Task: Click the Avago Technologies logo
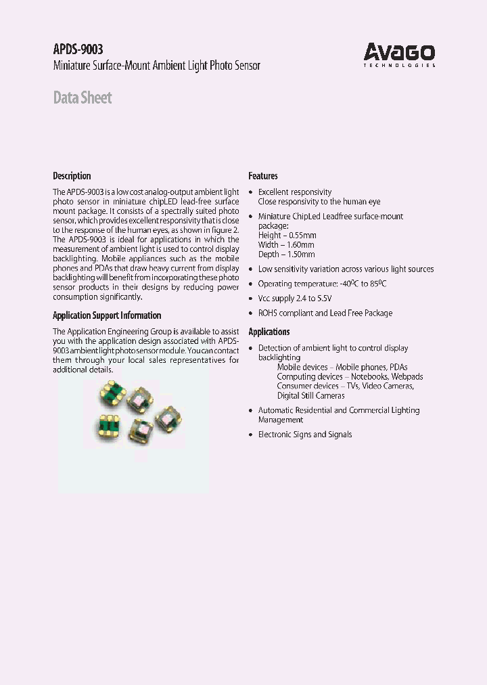tap(399, 54)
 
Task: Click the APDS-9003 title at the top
tap(78, 49)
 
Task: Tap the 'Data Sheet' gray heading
tap(83, 98)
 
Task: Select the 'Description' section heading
tap(72, 176)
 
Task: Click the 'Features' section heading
tap(263, 176)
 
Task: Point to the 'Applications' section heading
tap(269, 332)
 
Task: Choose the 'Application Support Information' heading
tap(107, 315)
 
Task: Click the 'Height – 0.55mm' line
tap(286, 236)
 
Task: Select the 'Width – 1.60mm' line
tap(286, 245)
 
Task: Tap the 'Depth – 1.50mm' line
tap(286, 255)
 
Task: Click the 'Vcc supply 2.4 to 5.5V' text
tap(295, 299)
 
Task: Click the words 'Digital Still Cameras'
tap(310, 395)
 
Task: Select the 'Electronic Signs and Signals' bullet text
tap(305, 435)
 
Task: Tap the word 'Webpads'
tap(407, 376)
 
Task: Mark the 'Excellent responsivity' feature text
tap(295, 192)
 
